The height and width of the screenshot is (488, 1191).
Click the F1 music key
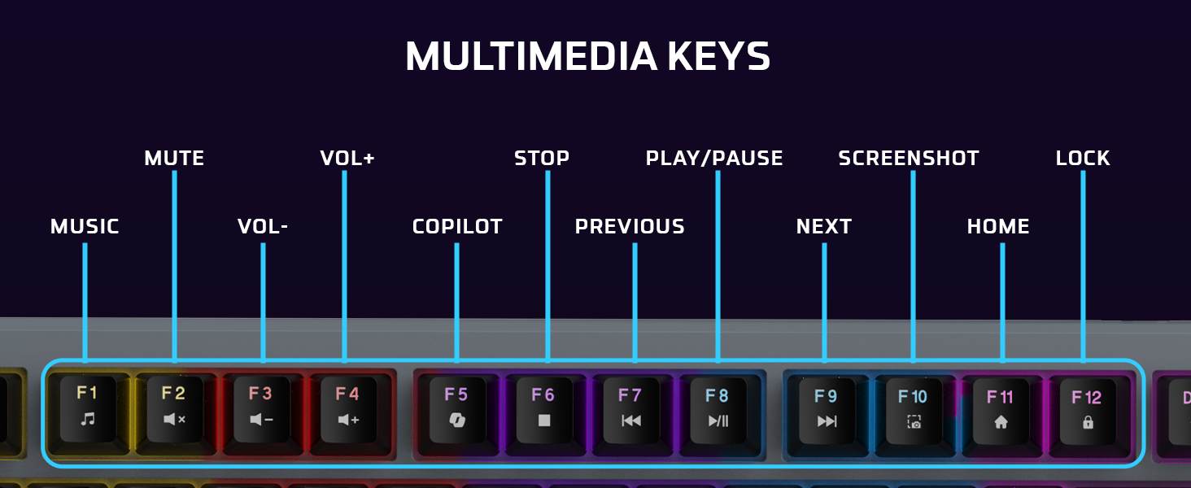pyautogui.click(x=87, y=407)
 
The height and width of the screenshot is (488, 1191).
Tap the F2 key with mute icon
pyautogui.click(x=174, y=407)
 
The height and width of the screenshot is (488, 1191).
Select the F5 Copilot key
pyautogui.click(x=456, y=407)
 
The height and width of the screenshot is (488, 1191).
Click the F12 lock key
pyautogui.click(x=1086, y=410)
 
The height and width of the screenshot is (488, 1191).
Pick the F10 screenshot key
pyautogui.click(x=913, y=409)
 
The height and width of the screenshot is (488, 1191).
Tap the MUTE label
pyautogui.click(x=174, y=158)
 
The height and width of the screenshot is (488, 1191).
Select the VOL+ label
pyautogui.click(x=347, y=158)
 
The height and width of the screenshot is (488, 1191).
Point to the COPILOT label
pyautogui.click(x=457, y=226)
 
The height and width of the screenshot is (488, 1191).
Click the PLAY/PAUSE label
pyautogui.click(x=714, y=158)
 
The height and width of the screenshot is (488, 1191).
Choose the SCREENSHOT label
pyautogui.click(x=909, y=158)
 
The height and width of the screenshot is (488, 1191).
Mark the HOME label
pyautogui.click(x=998, y=226)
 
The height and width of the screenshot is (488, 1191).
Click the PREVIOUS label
pyautogui.click(x=630, y=226)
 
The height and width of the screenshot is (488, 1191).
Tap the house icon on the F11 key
pyautogui.click(x=1001, y=422)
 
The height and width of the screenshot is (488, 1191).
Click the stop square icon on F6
pyautogui.click(x=543, y=420)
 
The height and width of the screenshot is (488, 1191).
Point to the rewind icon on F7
pyautogui.click(x=630, y=420)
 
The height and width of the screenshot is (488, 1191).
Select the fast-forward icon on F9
pyautogui.click(x=827, y=421)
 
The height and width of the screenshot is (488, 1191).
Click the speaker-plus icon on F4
pyautogui.click(x=348, y=420)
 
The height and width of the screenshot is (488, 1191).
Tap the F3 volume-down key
pyautogui.click(x=261, y=407)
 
